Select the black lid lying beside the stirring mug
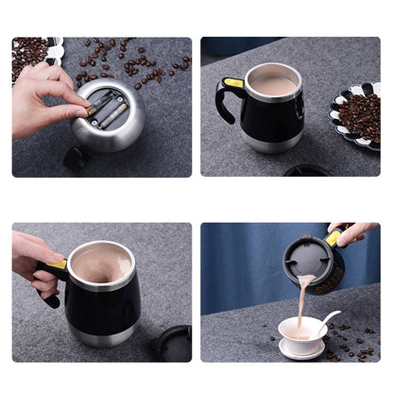click(173, 342)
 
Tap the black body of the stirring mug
click(104, 302)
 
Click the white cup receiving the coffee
click(299, 333)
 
